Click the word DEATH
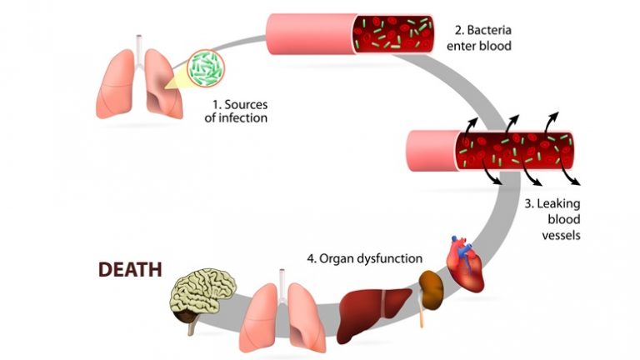130,270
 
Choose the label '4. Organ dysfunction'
364,258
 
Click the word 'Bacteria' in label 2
491,31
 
